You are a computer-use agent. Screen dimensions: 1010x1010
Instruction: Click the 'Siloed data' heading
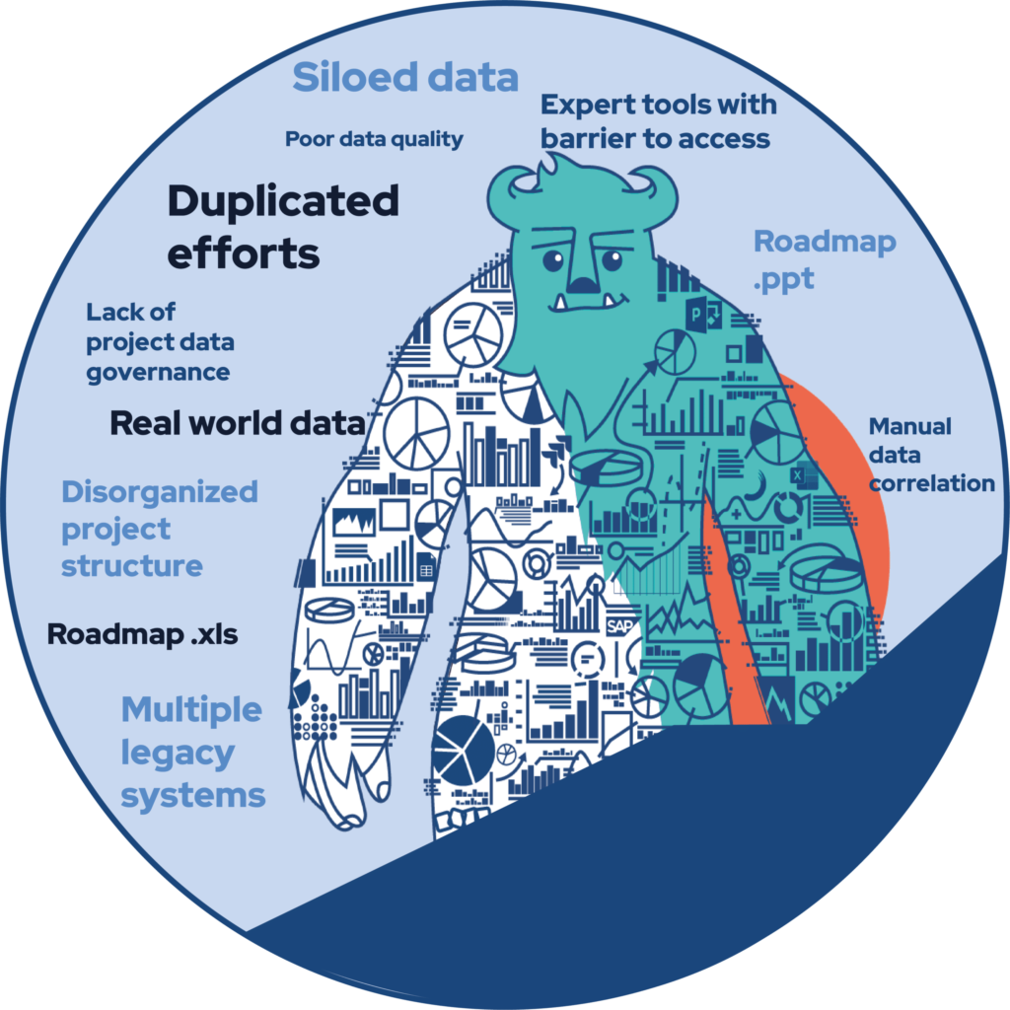[x=405, y=77]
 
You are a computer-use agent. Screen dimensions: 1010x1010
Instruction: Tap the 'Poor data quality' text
[x=374, y=139]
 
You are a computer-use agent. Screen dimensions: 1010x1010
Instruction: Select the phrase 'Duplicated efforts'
[x=283, y=226]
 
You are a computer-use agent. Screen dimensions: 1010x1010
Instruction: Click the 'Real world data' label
[x=238, y=423]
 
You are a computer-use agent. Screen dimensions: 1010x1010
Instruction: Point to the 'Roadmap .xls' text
[x=142, y=634]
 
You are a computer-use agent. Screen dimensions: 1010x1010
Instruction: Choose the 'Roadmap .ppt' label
[x=825, y=260]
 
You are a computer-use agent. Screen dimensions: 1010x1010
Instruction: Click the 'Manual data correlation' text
[x=931, y=455]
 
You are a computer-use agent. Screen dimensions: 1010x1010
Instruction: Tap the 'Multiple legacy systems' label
[x=192, y=752]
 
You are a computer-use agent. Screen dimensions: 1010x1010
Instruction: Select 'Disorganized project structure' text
[x=160, y=529]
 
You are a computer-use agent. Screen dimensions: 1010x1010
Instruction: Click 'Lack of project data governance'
[x=160, y=342]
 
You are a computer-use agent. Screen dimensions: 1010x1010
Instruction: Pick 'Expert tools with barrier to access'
[x=658, y=121]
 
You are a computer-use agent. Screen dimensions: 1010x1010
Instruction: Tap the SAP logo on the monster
[x=619, y=626]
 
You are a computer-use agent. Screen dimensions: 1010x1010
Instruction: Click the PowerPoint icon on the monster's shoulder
[x=702, y=314]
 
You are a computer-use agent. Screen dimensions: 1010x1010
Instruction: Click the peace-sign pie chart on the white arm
[x=416, y=434]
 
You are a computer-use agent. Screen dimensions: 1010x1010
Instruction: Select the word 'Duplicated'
[x=283, y=201]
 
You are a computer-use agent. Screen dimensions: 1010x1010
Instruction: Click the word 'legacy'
[x=178, y=754]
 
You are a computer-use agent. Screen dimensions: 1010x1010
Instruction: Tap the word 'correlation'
[x=931, y=483]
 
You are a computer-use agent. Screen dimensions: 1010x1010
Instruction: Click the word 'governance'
[x=159, y=373]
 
